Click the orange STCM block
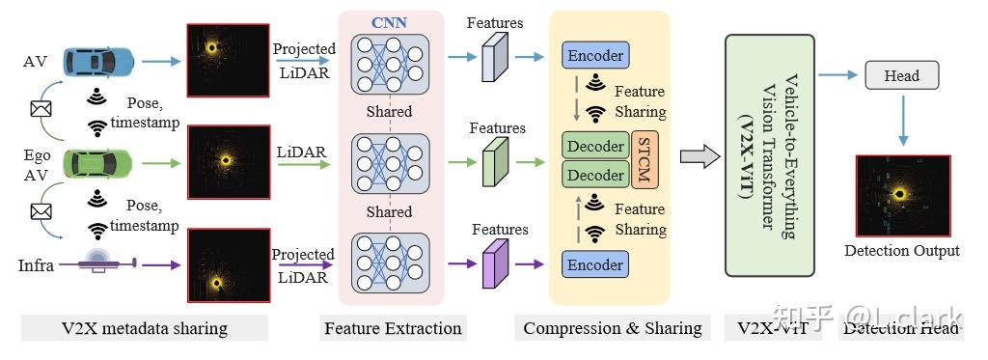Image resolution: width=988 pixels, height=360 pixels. pyautogui.click(x=645, y=160)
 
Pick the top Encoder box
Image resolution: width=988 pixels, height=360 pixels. pyautogui.click(x=594, y=55)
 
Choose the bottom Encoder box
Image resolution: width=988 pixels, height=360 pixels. pyautogui.click(x=594, y=263)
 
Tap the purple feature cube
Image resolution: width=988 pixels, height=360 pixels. pyautogui.click(x=494, y=264)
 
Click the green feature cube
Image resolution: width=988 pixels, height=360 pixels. pyautogui.click(x=494, y=160)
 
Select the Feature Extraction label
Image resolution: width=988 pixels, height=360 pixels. pyautogui.click(x=393, y=328)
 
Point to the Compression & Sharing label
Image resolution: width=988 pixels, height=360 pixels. pyautogui.click(x=612, y=328)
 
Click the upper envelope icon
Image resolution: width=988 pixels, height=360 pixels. pyautogui.click(x=41, y=109)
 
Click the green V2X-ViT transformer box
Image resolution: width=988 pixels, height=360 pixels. pyautogui.click(x=769, y=157)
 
